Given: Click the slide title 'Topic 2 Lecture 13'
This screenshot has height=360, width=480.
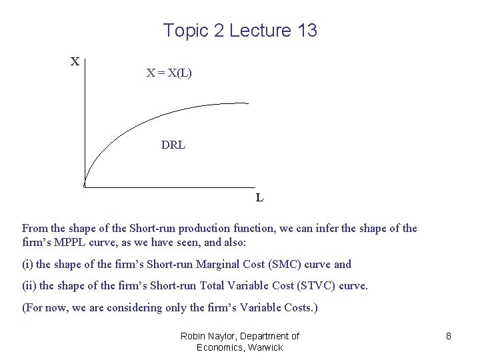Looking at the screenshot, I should click(240, 31).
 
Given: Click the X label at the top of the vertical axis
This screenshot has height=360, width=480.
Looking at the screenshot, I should click(75, 62).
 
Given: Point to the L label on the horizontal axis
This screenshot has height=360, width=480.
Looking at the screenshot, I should click(259, 198).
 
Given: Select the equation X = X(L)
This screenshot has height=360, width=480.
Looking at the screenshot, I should click(169, 73).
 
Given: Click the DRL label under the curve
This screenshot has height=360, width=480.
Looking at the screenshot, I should click(173, 145).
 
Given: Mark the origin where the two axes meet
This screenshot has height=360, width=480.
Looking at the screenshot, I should click(85, 186).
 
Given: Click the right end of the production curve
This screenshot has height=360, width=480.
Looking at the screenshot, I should click(247, 103).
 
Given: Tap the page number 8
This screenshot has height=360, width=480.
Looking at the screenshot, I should click(449, 337).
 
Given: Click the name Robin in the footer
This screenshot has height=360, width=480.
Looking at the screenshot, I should click(194, 336).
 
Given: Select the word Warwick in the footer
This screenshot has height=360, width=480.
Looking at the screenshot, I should click(265, 347).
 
